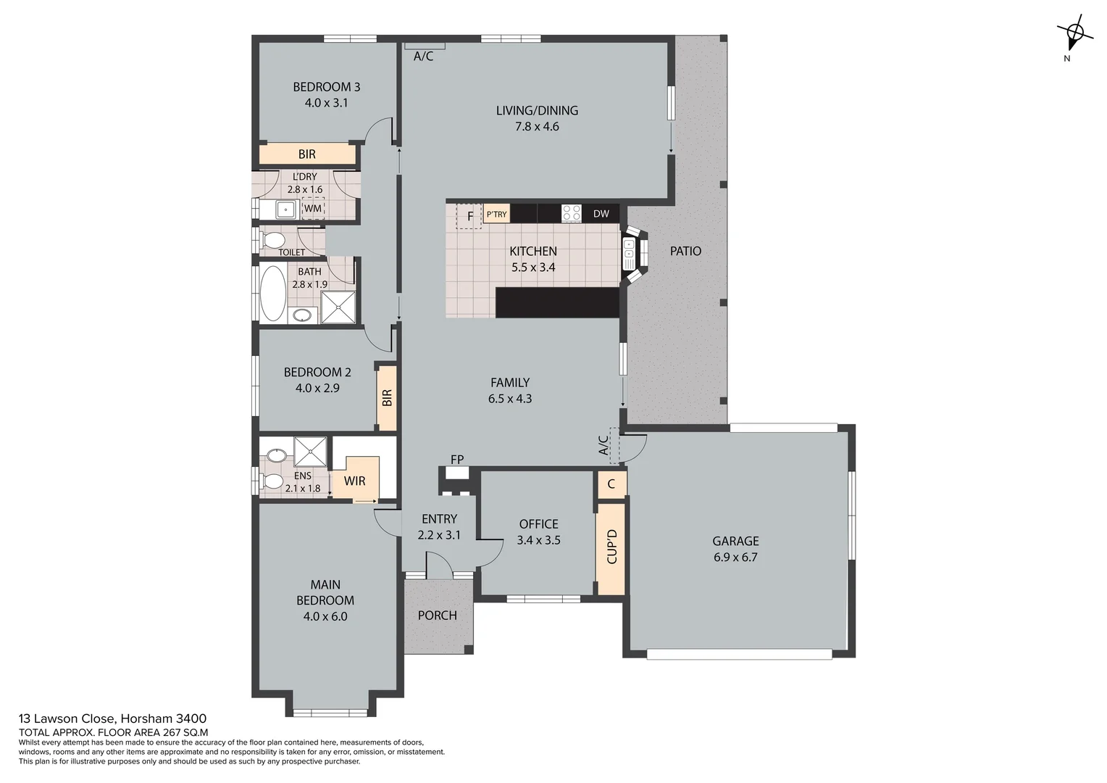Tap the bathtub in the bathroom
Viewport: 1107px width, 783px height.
pos(272,293)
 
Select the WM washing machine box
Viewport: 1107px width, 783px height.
pos(313,209)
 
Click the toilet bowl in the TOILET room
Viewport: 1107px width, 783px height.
pos(273,239)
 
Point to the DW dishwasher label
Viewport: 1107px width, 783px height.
pos(601,214)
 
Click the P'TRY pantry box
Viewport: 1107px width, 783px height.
pos(496,214)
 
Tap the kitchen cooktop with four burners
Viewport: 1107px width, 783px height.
pos(572,213)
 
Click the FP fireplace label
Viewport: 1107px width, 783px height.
pos(457,460)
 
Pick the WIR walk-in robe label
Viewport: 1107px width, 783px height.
pos(354,481)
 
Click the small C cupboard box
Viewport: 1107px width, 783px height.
pos(611,484)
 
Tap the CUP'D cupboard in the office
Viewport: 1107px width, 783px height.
pos(611,547)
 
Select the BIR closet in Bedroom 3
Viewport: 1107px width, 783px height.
pos(307,154)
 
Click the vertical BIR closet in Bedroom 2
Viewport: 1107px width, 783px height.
pos(387,398)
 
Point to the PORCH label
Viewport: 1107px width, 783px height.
pos(438,616)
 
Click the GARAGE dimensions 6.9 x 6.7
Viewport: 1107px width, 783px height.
pos(735,558)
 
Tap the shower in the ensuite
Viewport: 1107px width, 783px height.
pos(310,452)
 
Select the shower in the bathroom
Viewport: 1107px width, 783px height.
pos(338,307)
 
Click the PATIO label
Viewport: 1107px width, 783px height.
pos(685,251)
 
